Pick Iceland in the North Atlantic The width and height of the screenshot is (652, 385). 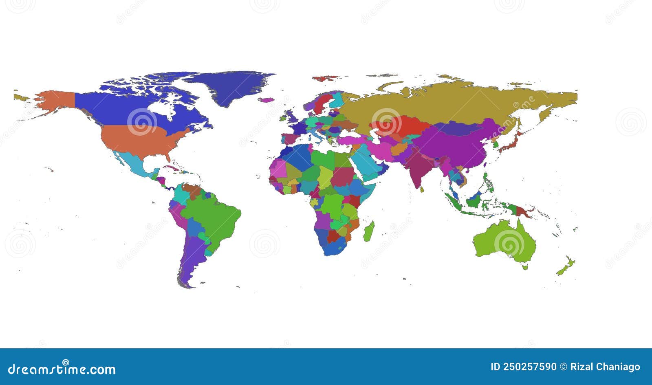(x=267, y=99)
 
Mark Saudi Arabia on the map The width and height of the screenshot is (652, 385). (x=367, y=167)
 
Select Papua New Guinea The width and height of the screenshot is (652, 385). (x=524, y=211)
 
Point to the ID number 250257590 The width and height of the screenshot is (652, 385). (x=523, y=367)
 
